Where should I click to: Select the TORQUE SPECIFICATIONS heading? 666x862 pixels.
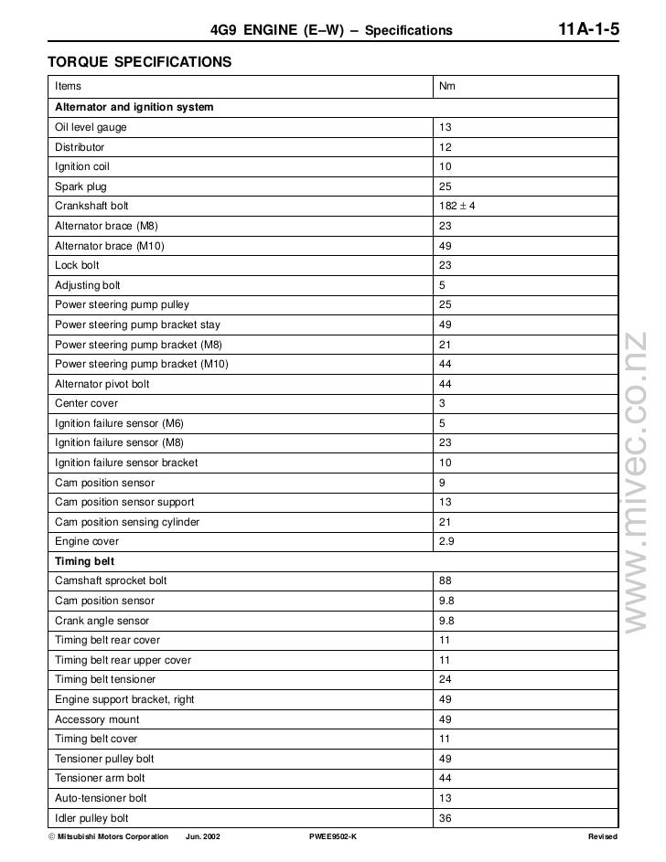tap(133, 63)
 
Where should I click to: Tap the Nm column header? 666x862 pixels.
tap(447, 87)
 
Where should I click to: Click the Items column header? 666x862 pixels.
tap(68, 87)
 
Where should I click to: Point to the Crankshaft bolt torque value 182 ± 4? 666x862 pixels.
tap(457, 207)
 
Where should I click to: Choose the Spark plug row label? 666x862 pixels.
tap(81, 186)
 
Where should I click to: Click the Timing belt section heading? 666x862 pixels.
tap(84, 561)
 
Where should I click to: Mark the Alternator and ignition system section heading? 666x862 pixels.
tap(134, 107)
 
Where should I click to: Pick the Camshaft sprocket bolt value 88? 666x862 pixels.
tap(446, 581)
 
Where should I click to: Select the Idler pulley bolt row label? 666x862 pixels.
tap(91, 818)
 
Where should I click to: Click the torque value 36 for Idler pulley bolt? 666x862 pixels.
tap(446, 818)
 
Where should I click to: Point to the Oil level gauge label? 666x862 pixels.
tap(91, 127)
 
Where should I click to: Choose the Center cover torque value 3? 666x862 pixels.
tap(443, 403)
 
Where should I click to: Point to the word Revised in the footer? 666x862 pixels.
tap(603, 837)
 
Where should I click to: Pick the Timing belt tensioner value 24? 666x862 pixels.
tap(446, 680)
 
